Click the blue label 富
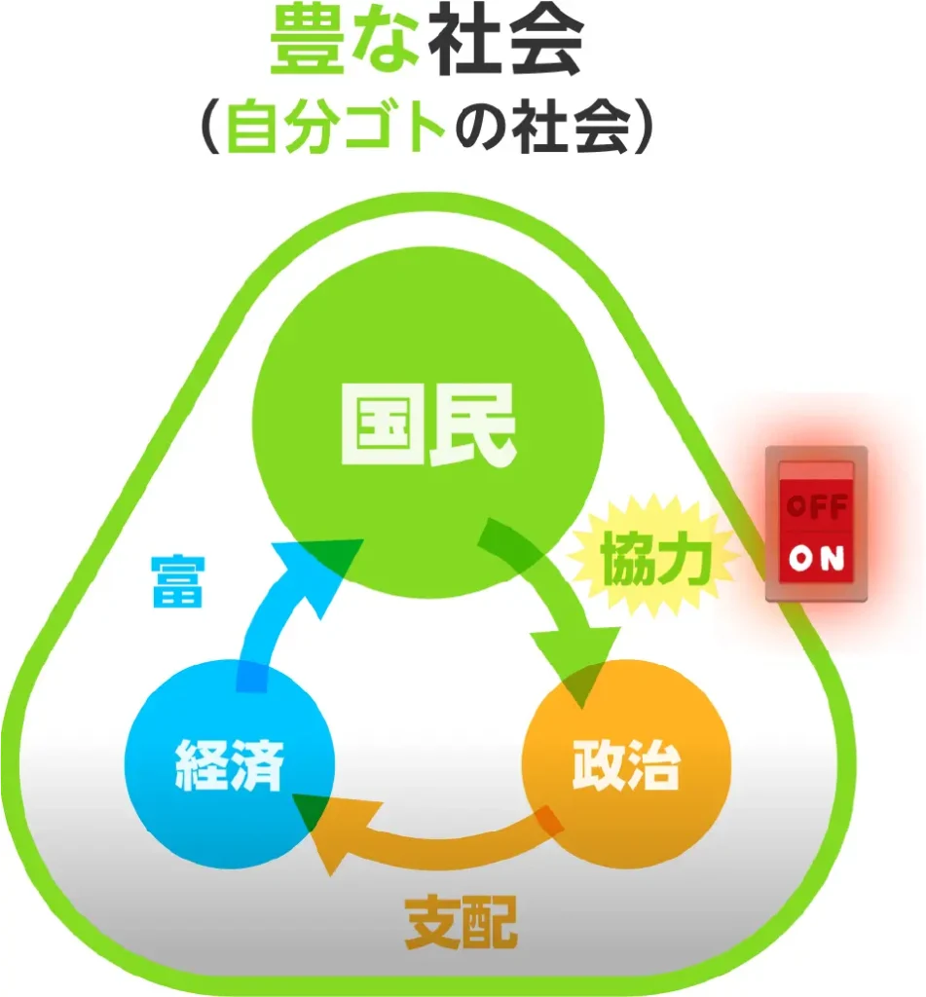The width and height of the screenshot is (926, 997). [176, 581]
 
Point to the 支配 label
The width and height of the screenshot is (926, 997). [461, 921]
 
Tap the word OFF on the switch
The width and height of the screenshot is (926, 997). [816, 507]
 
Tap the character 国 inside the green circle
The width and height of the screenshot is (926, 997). [381, 432]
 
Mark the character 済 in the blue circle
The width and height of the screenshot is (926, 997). [258, 767]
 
